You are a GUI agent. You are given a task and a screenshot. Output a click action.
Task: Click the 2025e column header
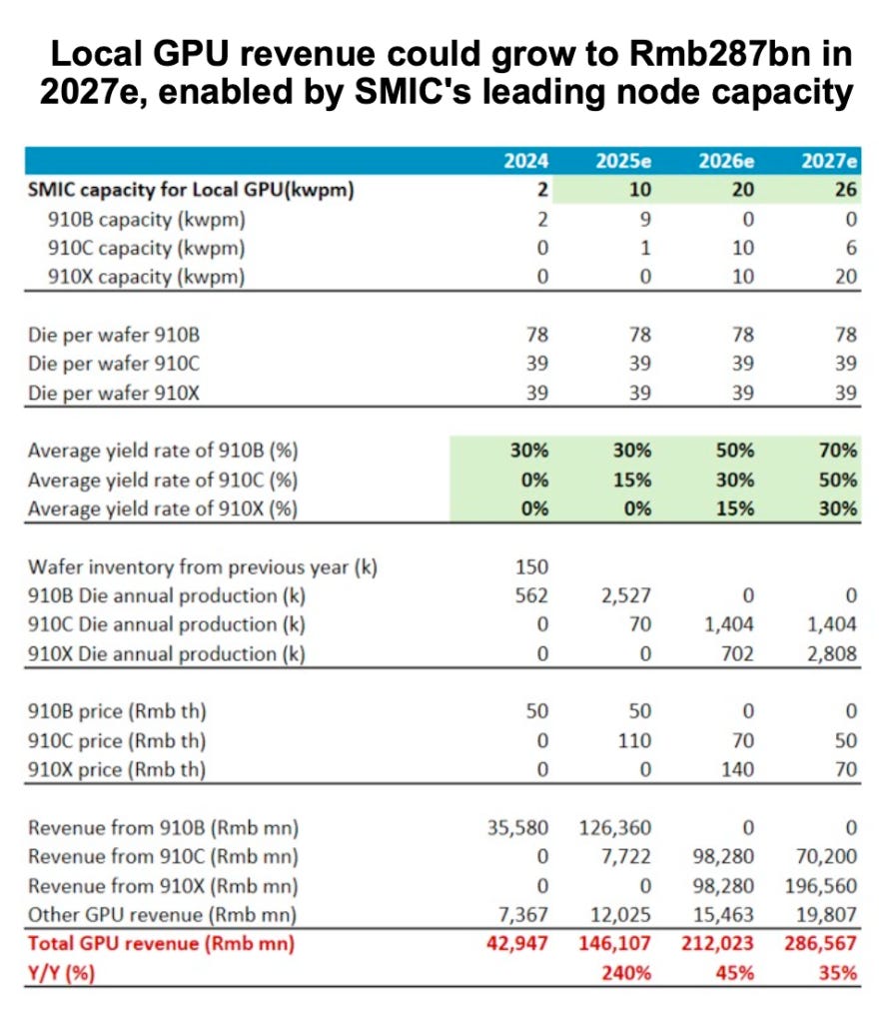coord(625,161)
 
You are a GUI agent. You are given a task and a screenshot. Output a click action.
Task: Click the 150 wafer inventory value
coord(531,566)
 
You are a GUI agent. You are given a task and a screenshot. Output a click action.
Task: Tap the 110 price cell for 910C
coord(634,741)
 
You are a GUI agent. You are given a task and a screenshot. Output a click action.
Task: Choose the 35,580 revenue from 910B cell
coord(516,827)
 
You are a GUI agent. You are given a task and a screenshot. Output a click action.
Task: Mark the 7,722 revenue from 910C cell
coord(625,856)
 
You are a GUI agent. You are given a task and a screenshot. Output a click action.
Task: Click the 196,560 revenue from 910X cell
coord(821,885)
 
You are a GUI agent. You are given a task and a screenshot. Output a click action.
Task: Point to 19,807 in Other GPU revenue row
coord(826,914)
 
